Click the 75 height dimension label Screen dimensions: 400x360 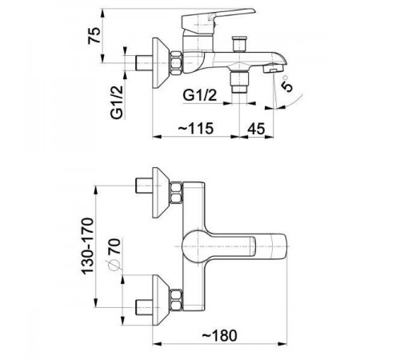(94, 35)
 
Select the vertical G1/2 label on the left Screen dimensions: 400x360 (118, 102)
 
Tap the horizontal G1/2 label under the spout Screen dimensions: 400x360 (200, 95)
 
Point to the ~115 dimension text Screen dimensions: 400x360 (196, 128)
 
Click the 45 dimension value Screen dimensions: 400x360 (256, 129)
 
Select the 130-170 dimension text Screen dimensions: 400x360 (88, 246)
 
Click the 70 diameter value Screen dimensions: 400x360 (114, 246)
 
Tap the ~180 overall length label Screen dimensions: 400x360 (219, 335)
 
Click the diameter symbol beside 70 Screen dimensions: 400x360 (114, 265)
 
